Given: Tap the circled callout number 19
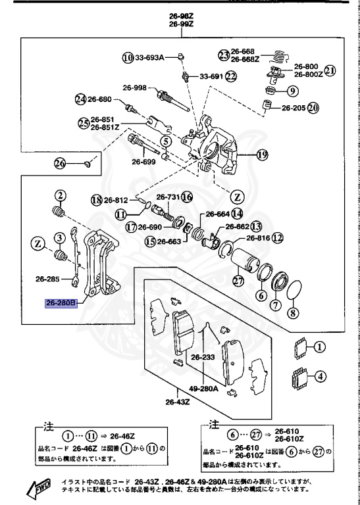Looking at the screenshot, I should coord(263,156).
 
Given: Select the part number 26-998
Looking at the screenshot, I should coord(134,87).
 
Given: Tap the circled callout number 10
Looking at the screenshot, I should coord(127,57).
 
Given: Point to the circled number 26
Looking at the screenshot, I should coord(60,163).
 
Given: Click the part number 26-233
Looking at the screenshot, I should coord(204,358).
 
